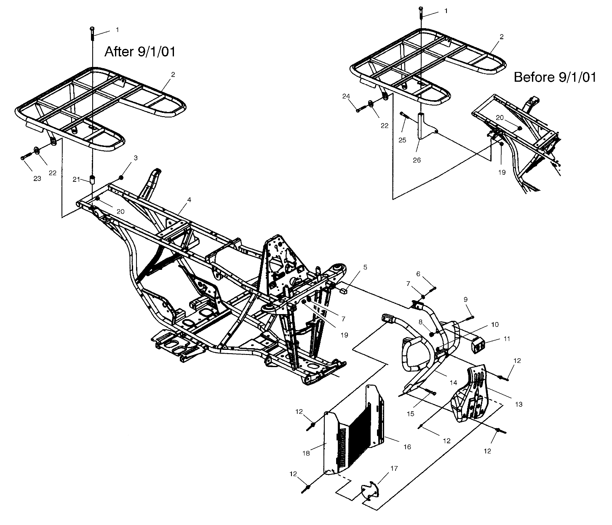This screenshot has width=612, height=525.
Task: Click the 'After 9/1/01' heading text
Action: (x=139, y=52)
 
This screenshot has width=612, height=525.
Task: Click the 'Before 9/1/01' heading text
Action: (x=555, y=77)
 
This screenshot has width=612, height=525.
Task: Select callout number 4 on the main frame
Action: (x=189, y=200)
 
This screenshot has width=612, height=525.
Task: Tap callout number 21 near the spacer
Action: (x=76, y=179)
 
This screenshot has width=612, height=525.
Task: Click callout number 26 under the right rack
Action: (x=417, y=160)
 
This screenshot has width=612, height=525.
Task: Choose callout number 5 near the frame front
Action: (x=365, y=267)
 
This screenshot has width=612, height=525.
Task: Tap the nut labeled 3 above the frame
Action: (x=121, y=178)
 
